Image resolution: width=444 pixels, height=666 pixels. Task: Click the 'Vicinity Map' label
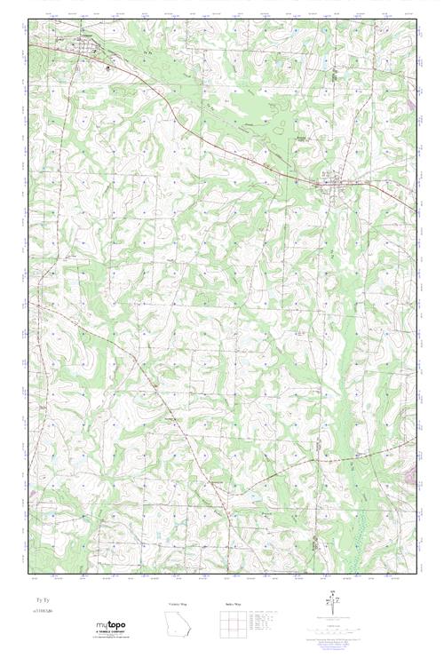pos(178,604)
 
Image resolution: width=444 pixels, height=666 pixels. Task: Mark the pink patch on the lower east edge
pos(410,480)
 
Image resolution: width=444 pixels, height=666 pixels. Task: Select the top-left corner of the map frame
pos(29,15)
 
